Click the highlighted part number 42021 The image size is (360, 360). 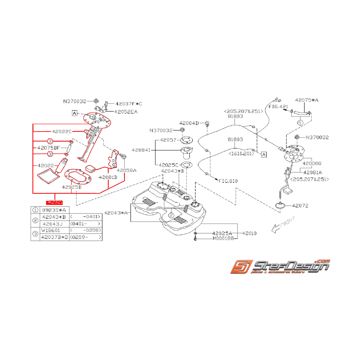click(55, 202)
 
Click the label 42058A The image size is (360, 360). click(126, 170)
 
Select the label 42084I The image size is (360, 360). click(142, 150)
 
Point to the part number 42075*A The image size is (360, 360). click(307, 100)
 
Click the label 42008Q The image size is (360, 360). click(312, 164)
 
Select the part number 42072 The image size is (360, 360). click(300, 206)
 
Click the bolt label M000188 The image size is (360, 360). click(223, 239)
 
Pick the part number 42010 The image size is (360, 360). click(249, 234)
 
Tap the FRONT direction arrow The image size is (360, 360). click(283, 225)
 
